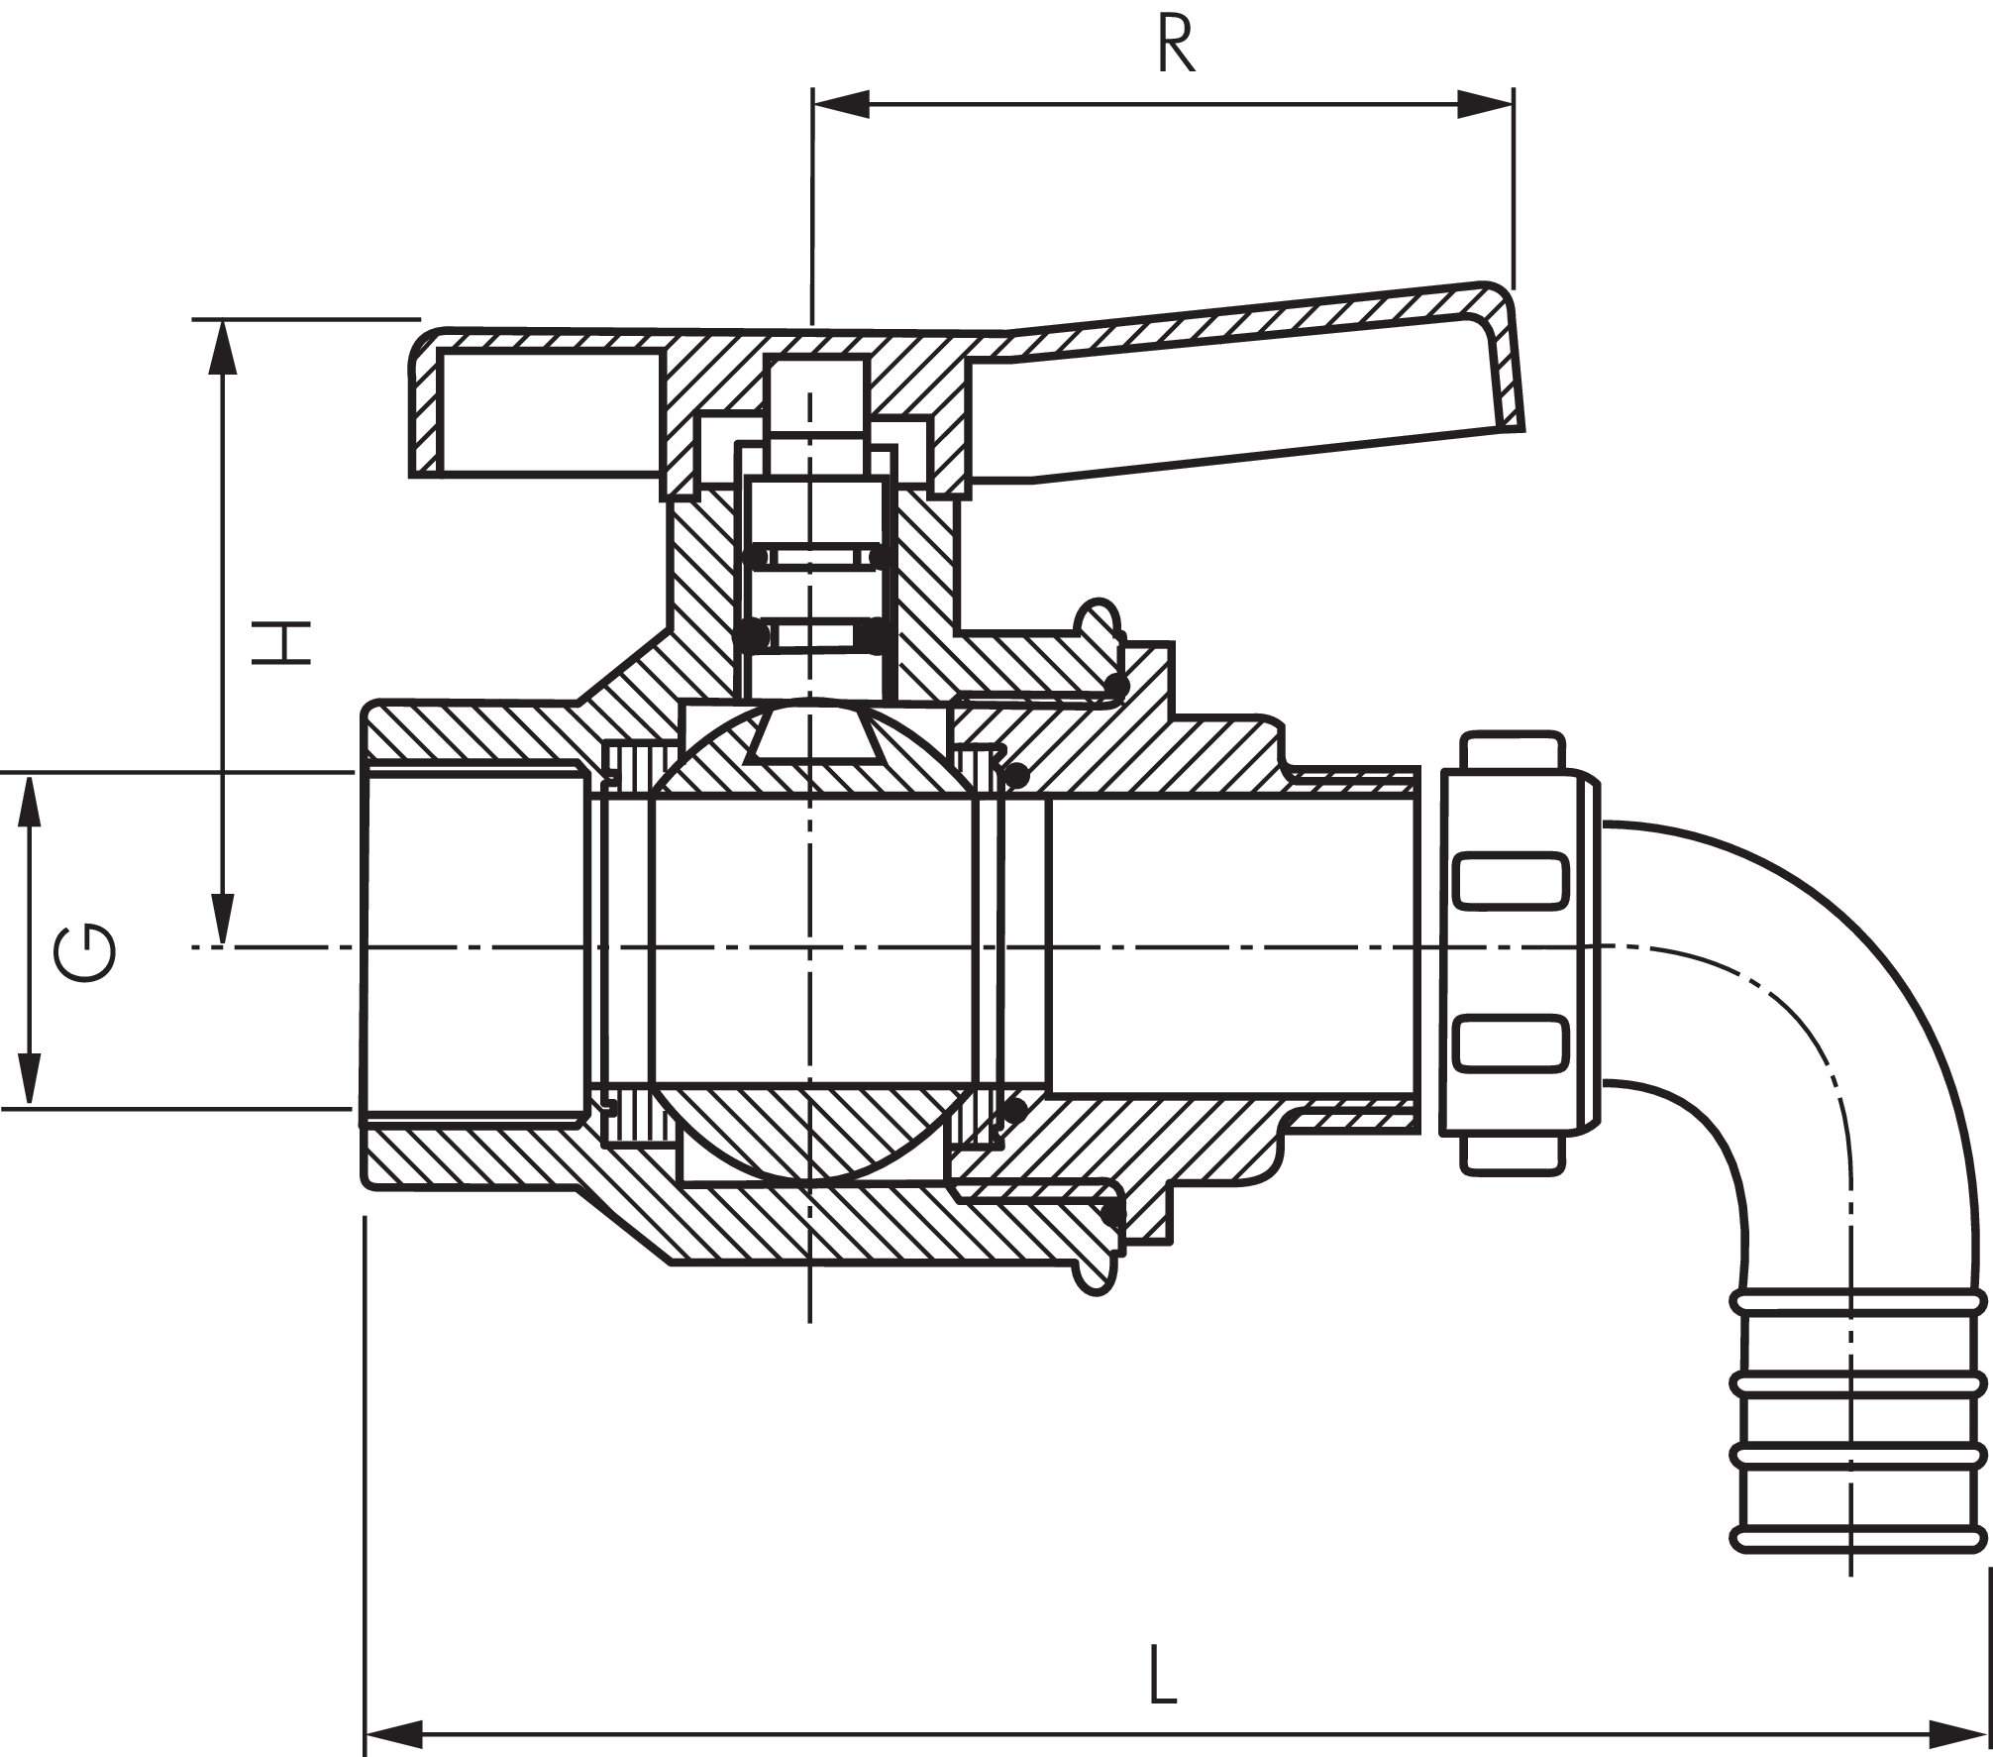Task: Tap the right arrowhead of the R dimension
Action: click(1486, 103)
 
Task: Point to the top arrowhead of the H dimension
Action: click(225, 347)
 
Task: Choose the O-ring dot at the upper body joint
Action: click(1115, 685)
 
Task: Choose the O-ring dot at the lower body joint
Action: click(1113, 1210)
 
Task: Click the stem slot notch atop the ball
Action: click(811, 738)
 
